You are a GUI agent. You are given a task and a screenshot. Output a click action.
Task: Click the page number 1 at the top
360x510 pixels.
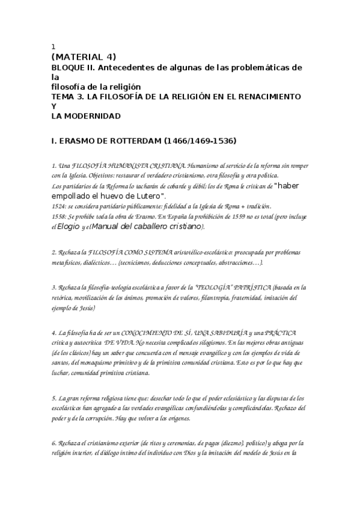coord(53,46)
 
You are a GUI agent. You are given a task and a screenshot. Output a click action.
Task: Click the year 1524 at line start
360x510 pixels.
coord(59,206)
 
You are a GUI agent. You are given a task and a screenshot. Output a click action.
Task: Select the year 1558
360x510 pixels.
coord(59,216)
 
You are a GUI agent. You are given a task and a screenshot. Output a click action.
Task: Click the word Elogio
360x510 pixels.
coord(70,227)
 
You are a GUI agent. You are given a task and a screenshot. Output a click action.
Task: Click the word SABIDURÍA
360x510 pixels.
coord(200,333)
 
